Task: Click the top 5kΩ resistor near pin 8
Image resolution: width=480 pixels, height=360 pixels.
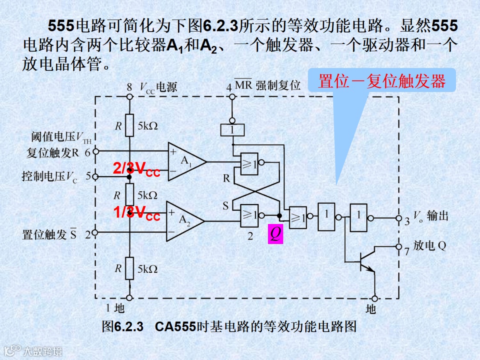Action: click(129, 126)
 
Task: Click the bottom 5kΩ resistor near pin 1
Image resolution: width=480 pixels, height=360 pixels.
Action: click(129, 268)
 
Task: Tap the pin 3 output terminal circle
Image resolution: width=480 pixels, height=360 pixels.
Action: click(399, 218)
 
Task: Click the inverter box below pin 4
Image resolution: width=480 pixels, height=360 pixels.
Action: click(232, 130)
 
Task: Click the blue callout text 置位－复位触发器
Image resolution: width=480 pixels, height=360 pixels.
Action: click(382, 82)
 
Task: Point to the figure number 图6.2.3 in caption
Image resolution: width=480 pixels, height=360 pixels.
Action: click(122, 327)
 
